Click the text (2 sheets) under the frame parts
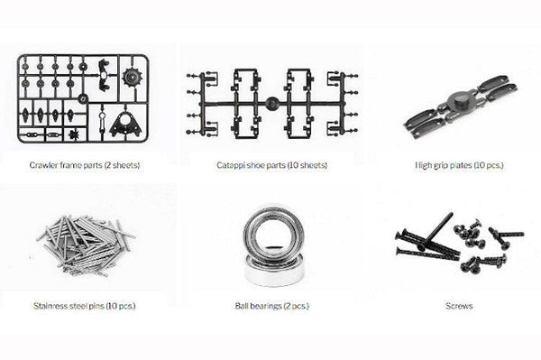click(x=122, y=165)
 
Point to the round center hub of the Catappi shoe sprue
click(x=271, y=104)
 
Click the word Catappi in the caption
click(x=230, y=165)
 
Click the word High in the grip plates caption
click(x=424, y=165)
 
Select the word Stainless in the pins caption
click(x=48, y=306)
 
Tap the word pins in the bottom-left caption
click(x=100, y=306)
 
